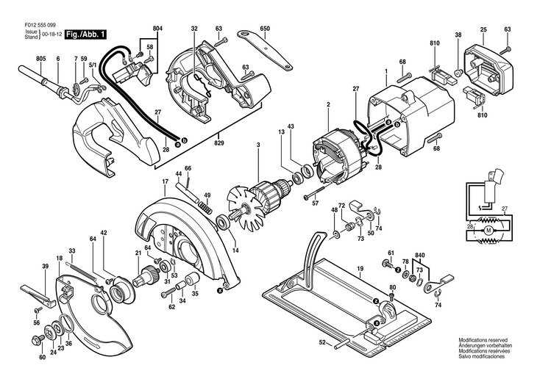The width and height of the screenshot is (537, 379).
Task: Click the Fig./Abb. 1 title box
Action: [85, 35]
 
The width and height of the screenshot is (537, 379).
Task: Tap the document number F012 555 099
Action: [40, 25]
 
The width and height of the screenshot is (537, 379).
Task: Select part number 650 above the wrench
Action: [265, 29]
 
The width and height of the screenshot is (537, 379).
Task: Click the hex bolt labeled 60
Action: [37, 339]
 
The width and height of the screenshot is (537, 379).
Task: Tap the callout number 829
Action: [218, 143]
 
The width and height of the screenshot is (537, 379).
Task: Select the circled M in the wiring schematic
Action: [489, 231]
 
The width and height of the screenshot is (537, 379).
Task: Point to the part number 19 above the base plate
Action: [360, 269]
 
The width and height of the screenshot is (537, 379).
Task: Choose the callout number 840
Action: [419, 255]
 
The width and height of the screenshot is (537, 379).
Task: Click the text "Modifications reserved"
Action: [483, 340]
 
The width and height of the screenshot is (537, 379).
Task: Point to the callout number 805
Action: [40, 59]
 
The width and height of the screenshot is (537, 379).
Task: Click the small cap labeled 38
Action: [459, 73]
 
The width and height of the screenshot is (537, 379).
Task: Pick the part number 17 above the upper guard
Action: [165, 181]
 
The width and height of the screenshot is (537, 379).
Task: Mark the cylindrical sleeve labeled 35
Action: [193, 278]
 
